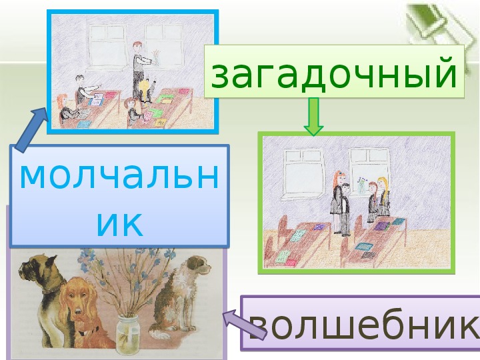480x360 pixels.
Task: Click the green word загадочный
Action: click(334, 74)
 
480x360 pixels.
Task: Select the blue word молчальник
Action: click(119, 198)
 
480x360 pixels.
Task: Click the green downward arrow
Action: click(313, 116)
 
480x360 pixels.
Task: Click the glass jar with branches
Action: click(128, 334)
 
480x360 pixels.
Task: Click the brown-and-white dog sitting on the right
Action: click(180, 295)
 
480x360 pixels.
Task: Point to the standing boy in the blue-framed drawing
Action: click(139, 70)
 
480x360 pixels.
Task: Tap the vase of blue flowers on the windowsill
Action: click(362, 185)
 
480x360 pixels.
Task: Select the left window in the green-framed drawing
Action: click(303, 173)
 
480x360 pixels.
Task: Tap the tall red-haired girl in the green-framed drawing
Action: click(337, 201)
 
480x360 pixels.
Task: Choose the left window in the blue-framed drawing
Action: click(107, 46)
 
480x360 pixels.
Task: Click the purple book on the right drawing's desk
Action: click(382, 226)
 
